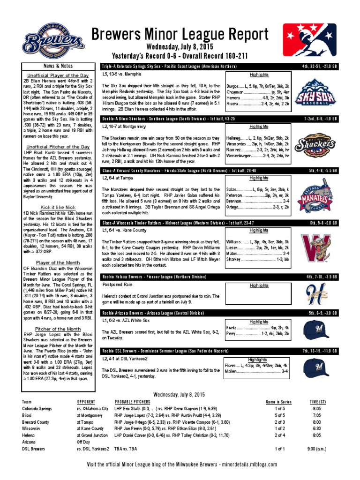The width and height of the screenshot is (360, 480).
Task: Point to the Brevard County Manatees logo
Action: coord(316,197)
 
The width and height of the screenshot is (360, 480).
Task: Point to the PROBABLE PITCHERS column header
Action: coord(133,402)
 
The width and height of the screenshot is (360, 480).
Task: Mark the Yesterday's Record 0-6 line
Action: coord(180,56)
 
